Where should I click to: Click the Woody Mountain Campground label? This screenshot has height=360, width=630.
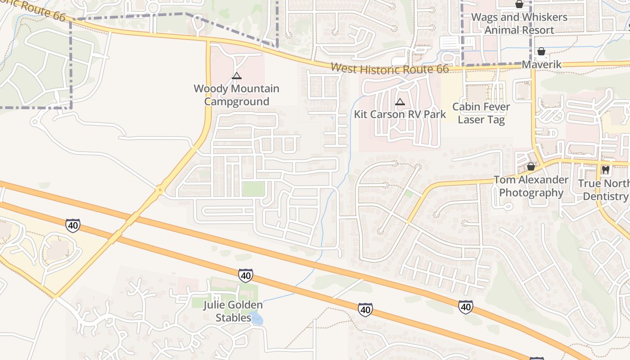(236, 95)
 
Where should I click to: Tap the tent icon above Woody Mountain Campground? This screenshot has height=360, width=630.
(237, 76)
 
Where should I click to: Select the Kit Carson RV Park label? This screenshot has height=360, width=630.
(400, 114)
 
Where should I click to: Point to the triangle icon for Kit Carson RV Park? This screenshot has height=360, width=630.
(400, 102)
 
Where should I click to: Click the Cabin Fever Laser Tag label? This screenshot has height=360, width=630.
(481, 113)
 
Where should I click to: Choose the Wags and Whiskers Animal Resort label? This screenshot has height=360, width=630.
(519, 23)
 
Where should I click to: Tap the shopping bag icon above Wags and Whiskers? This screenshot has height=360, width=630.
(519, 4)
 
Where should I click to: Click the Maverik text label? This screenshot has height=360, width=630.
(541, 64)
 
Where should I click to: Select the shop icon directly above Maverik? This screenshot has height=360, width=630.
(541, 51)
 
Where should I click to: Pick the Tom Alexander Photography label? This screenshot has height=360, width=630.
(531, 186)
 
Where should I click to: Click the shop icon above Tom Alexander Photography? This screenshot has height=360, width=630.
(531, 167)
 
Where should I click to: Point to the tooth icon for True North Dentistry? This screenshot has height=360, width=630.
(606, 170)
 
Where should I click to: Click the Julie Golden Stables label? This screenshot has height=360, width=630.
(233, 311)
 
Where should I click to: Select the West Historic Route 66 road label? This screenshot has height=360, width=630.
(390, 68)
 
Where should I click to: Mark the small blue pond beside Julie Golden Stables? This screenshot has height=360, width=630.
(256, 319)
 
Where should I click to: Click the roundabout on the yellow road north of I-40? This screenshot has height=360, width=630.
(160, 190)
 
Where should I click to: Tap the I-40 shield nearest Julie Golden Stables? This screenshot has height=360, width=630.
(245, 275)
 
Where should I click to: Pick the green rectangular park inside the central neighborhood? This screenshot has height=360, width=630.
(253, 189)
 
